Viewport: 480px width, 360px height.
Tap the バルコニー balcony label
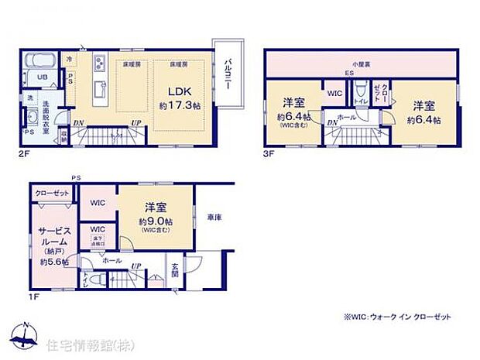230,74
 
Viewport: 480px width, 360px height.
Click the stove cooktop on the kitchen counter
99,63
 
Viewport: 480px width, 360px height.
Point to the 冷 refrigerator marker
69,58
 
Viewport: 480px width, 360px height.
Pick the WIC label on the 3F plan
334,93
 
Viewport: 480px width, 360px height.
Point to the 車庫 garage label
214,219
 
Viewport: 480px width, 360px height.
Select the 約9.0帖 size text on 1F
156,222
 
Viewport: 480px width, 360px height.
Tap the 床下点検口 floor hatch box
98,246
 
